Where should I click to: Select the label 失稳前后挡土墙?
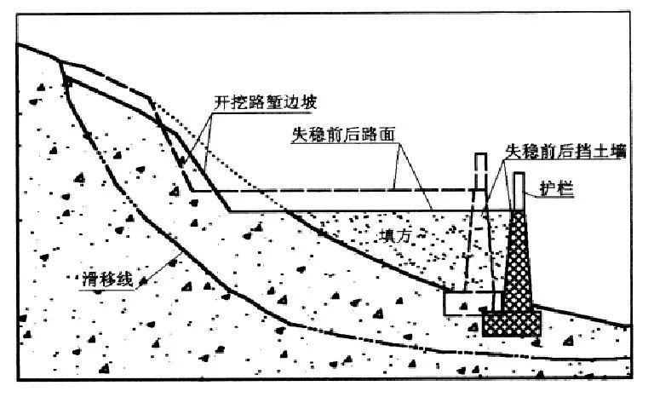tap(565, 151)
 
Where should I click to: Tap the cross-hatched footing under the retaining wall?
tap(512, 322)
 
